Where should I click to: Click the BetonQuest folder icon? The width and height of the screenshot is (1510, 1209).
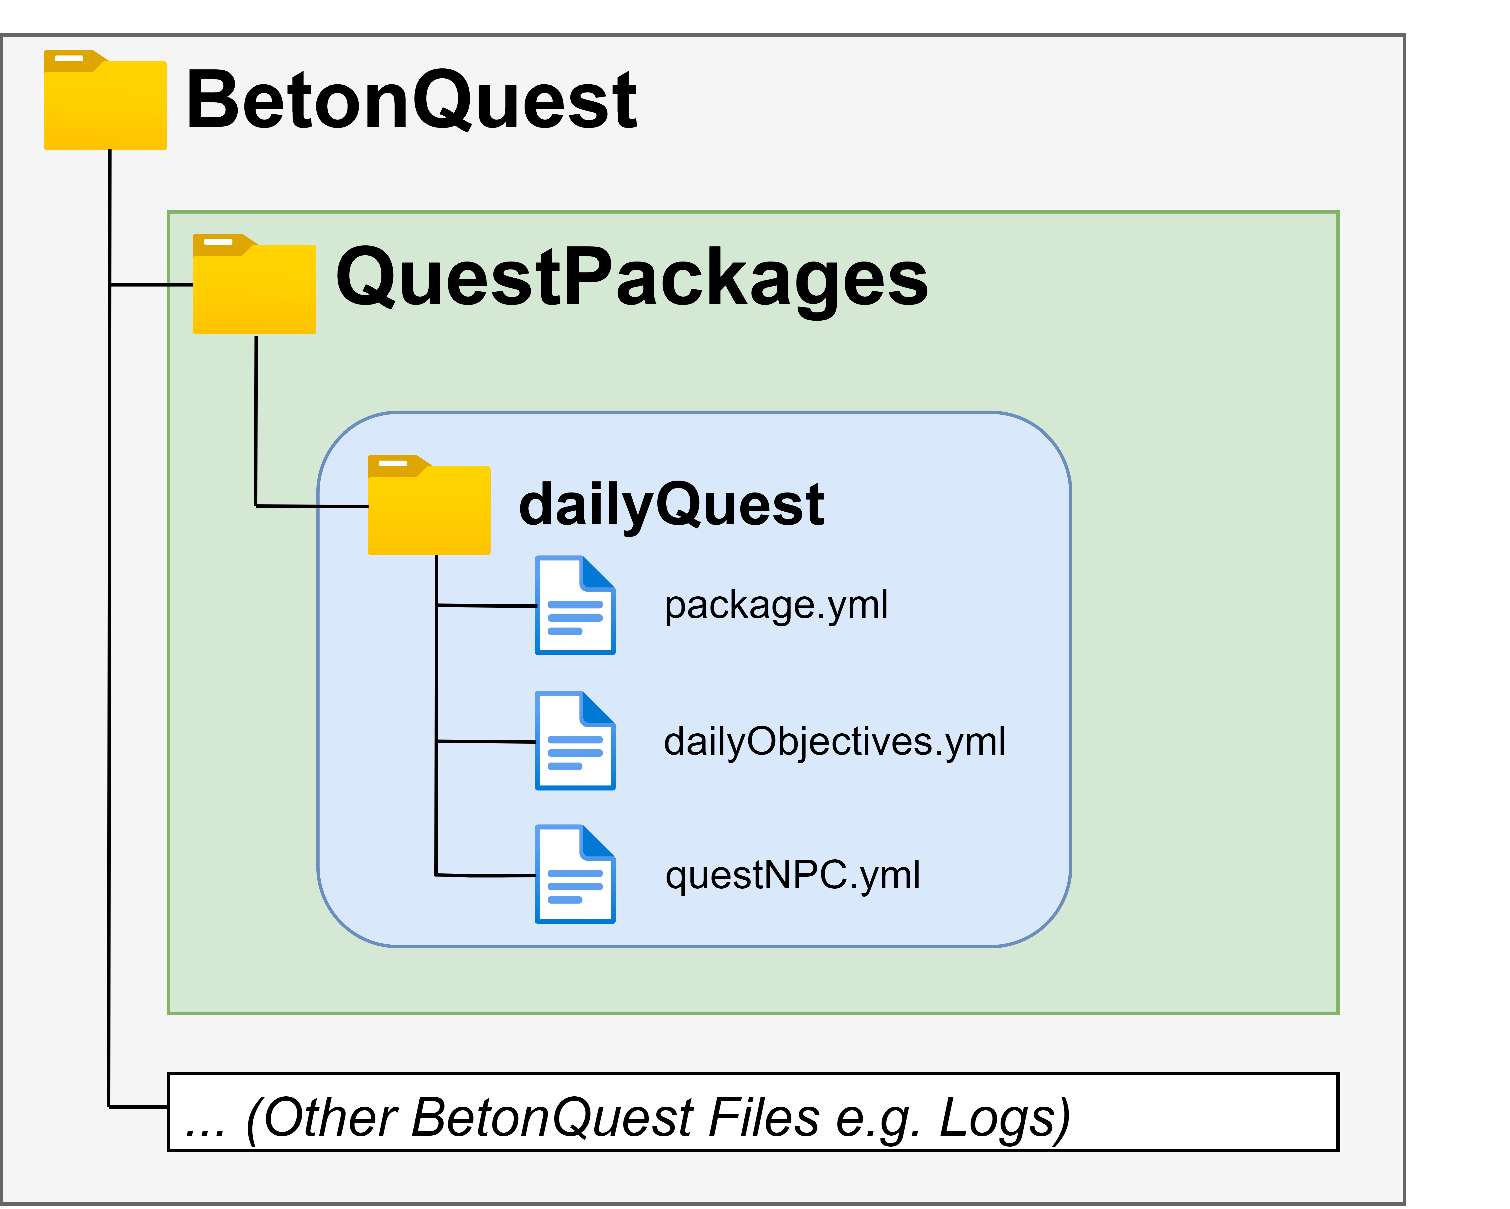click(x=105, y=100)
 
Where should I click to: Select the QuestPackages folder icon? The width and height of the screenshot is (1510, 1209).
click(x=254, y=284)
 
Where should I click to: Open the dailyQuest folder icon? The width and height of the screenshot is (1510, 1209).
click(x=429, y=505)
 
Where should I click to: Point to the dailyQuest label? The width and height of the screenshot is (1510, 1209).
click(x=672, y=505)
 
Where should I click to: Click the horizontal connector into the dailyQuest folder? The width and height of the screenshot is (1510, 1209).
click(x=312, y=505)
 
